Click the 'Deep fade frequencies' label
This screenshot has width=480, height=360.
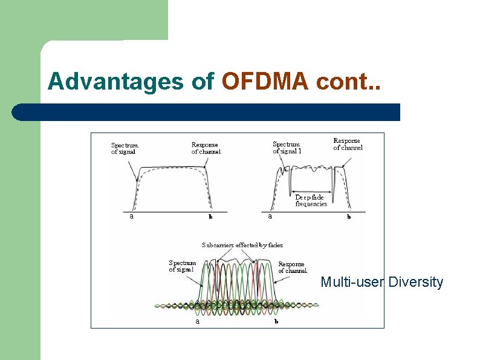(x=311, y=200)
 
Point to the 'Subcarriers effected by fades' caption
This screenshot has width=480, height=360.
(x=242, y=245)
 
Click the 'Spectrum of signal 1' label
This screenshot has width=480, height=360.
(x=287, y=148)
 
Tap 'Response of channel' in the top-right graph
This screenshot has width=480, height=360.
(x=348, y=144)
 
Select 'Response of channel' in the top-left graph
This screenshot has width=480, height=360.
(x=206, y=148)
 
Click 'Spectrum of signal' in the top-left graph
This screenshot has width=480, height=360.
(x=125, y=148)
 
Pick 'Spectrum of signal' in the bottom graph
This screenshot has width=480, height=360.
(x=182, y=266)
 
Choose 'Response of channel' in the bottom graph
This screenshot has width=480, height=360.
(x=292, y=267)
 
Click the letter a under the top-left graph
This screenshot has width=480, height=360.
(x=132, y=216)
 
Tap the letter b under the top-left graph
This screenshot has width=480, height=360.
(x=210, y=217)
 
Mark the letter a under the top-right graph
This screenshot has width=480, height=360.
(x=270, y=216)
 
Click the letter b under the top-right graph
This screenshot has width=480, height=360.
(x=348, y=217)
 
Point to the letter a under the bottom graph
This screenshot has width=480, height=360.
(x=197, y=321)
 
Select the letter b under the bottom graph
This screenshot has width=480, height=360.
(x=276, y=321)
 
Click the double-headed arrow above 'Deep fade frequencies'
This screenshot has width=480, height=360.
(x=311, y=191)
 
